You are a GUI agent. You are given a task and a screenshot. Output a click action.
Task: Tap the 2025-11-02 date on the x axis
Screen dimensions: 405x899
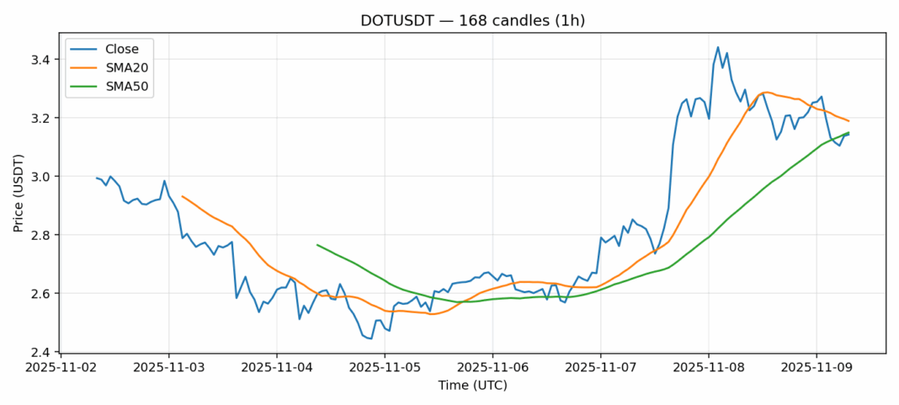pos(61,368)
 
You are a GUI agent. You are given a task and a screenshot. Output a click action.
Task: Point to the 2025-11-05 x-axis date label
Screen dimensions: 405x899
pos(385,368)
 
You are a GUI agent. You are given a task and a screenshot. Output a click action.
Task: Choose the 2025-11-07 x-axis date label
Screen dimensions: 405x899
pos(600,368)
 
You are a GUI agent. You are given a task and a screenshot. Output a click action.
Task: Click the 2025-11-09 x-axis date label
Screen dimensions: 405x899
pos(816,368)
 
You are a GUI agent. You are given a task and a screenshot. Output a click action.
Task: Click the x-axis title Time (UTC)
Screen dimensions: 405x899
pos(472,385)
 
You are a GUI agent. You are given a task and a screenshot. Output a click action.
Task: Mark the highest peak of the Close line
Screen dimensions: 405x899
pos(718,47)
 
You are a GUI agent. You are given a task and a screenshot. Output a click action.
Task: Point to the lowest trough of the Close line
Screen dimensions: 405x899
pos(371,338)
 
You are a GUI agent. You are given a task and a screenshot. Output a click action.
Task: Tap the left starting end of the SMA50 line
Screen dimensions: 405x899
pos(317,245)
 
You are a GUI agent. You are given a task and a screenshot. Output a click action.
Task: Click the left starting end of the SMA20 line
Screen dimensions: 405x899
pos(183,196)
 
